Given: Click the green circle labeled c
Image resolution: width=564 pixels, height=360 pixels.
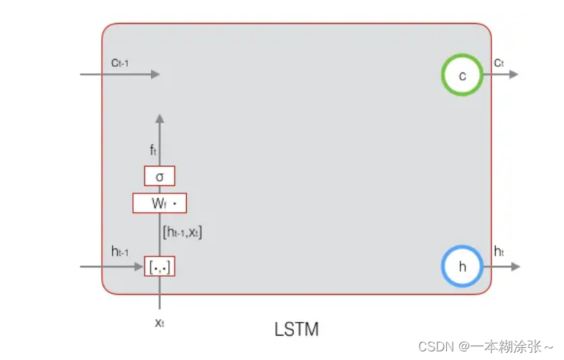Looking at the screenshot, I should (462, 75).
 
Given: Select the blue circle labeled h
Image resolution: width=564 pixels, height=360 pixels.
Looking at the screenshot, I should (462, 266).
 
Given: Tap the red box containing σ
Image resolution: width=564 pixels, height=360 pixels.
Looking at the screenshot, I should (160, 176).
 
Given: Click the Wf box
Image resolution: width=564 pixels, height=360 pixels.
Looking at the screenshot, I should (160, 203).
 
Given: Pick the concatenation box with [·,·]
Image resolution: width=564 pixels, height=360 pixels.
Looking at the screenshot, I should (160, 267).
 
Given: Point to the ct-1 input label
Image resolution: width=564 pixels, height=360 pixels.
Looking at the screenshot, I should (120, 63).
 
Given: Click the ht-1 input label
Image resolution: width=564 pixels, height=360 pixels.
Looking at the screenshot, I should (120, 251).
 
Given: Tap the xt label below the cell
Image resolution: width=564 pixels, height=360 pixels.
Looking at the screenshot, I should (160, 323).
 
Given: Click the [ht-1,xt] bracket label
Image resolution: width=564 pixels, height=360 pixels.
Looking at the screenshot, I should (182, 232).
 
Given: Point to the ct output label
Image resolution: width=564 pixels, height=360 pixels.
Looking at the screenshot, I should (499, 63).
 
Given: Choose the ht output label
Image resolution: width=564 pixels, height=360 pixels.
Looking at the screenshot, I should (499, 251).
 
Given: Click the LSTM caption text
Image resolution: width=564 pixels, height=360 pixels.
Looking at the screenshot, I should (297, 330).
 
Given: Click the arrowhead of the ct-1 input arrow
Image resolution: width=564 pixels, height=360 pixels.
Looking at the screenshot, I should (155, 74).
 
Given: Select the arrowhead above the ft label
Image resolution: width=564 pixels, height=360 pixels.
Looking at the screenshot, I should (160, 118).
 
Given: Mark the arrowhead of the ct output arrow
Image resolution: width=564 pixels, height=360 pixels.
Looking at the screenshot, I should (514, 74).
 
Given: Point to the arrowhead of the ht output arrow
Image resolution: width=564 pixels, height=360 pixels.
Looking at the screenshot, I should (514, 266).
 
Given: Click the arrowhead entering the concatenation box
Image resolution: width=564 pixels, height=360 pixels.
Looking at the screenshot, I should (140, 267).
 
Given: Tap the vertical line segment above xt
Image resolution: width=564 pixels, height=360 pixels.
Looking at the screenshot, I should (160, 295).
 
